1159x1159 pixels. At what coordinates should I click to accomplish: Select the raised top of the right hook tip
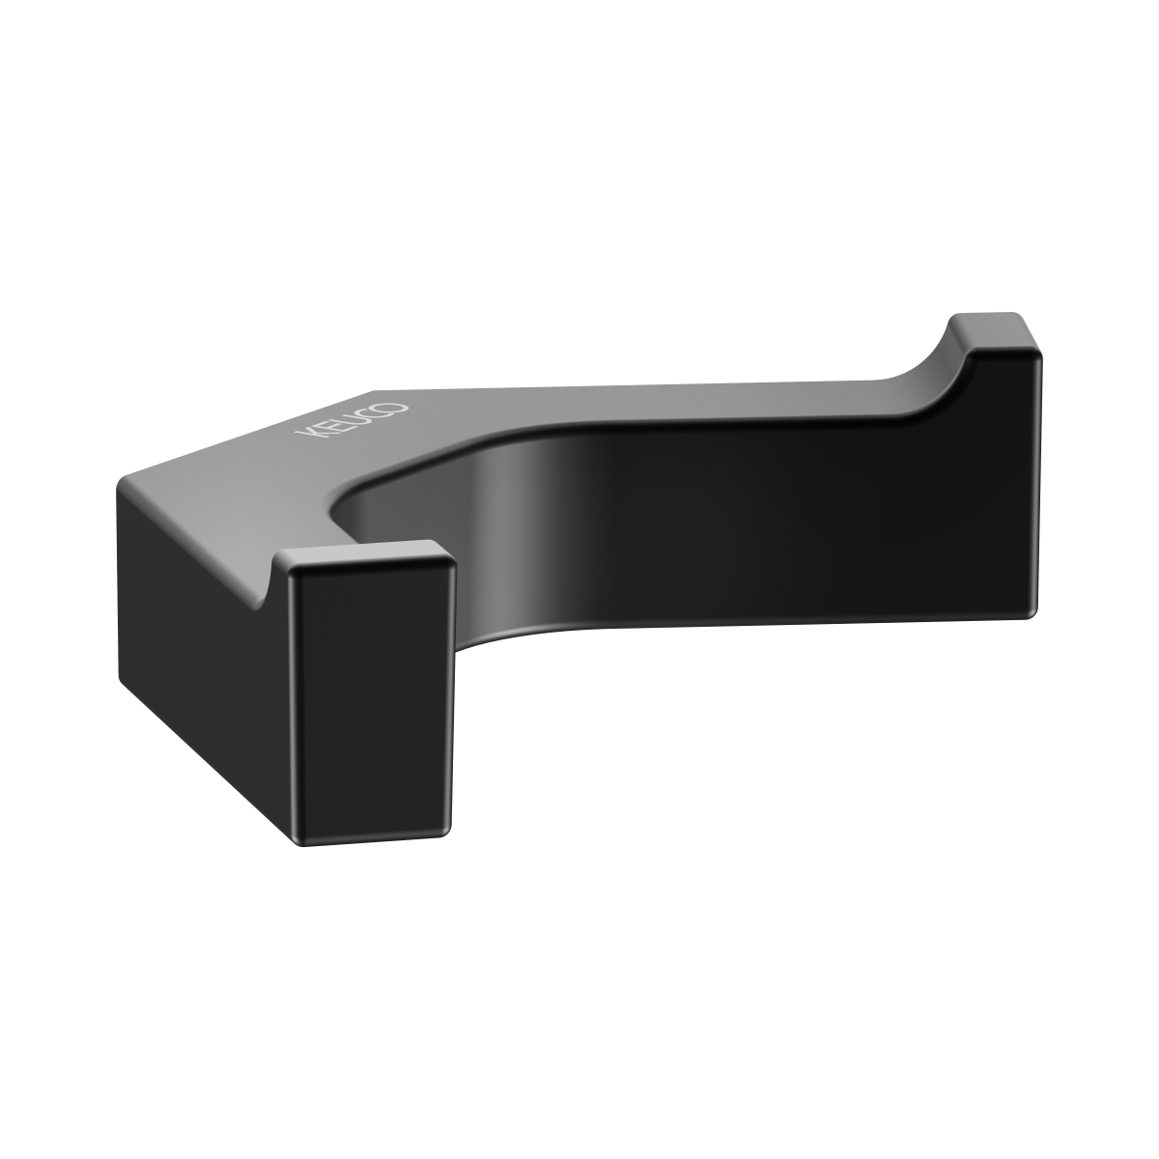pyautogui.click(x=993, y=331)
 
